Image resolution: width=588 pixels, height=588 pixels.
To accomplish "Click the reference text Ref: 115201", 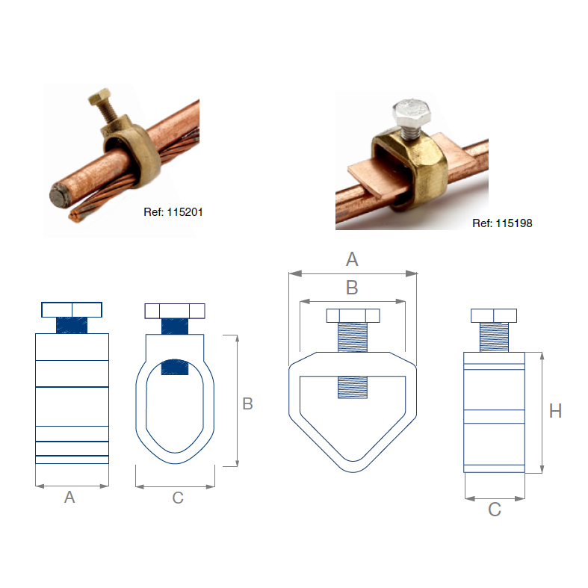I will coord(173,212).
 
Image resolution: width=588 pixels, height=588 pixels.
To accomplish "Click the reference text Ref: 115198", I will coord(502,223).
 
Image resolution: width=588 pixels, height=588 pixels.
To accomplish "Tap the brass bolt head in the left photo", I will coord(100,98).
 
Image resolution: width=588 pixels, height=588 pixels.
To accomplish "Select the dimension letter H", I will coord(554,411).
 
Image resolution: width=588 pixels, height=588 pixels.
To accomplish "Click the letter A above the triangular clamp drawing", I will coord(352,259).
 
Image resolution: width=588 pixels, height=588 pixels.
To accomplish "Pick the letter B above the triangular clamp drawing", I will coord(352,288).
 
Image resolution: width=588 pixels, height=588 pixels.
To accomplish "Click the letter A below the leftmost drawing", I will coord(69,497).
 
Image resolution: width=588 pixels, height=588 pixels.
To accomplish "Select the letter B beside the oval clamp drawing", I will coord(247,403).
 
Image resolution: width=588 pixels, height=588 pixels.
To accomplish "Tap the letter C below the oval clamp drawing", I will coord(177,498).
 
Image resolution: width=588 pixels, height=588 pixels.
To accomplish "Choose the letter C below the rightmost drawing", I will coord(494,510).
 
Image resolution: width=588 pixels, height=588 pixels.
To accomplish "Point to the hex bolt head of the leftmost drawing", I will coord(72,309).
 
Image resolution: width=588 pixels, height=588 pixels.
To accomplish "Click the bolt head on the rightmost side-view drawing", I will coord(494,315).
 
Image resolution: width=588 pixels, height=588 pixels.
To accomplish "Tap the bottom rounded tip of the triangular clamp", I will coord(352,467).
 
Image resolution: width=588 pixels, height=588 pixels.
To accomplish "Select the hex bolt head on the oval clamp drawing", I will coord(175,311).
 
